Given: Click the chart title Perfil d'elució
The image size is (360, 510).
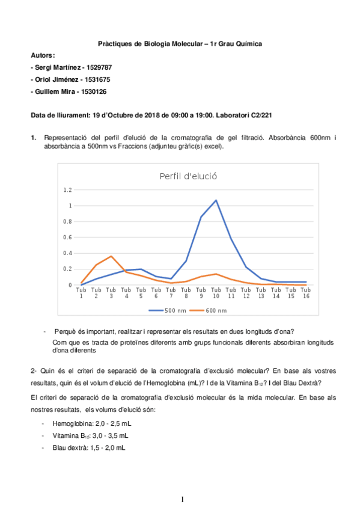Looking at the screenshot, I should tap(188, 176).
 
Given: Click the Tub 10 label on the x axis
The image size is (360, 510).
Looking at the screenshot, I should tap(216, 293).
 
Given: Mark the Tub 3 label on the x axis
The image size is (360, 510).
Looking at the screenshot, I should tap(111, 293).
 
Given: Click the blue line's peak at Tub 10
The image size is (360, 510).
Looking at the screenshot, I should tap(216, 200).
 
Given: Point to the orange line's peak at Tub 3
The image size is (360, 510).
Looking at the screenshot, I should tap(111, 256).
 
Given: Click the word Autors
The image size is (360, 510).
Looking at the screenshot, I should tap(43, 55).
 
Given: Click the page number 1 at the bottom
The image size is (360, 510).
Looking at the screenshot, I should tap(182, 499).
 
